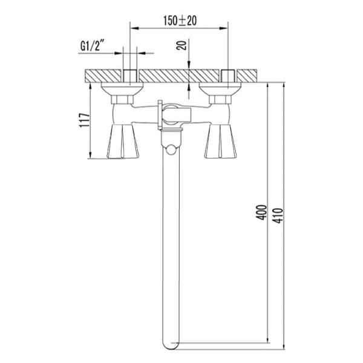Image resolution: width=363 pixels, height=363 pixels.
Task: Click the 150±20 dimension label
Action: [180, 21]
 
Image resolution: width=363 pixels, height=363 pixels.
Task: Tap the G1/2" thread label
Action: [91, 46]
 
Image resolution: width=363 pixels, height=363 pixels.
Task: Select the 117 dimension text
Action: [84, 120]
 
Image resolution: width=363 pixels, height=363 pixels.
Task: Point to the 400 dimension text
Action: [261, 212]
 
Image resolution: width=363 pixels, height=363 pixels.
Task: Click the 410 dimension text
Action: [277, 216]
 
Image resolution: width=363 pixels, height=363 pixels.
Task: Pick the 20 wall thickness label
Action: [181, 45]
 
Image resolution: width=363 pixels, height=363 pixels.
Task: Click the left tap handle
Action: [123, 141]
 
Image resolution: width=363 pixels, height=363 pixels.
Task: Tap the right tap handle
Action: [221, 141]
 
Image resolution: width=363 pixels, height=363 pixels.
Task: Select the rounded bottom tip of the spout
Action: [171, 345]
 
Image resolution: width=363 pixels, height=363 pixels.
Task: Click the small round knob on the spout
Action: [171, 149]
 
